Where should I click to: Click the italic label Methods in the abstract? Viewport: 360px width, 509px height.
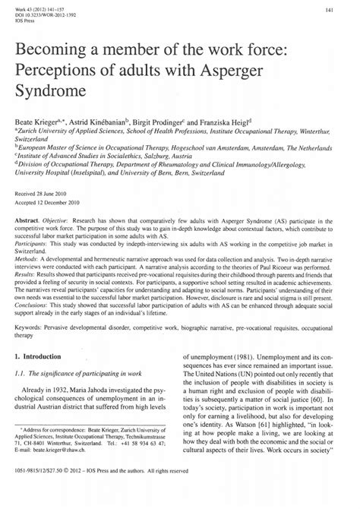pyautogui.click(x=34, y=261)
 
